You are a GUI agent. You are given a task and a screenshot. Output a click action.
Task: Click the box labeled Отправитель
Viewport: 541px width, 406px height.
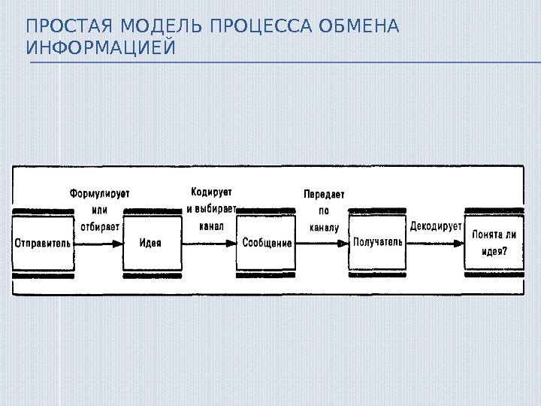pyautogui.click(x=43, y=243)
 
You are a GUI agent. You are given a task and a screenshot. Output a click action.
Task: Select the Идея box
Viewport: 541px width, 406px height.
pyautogui.click(x=152, y=243)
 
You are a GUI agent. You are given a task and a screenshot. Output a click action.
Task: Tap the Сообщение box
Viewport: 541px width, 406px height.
pyautogui.click(x=266, y=243)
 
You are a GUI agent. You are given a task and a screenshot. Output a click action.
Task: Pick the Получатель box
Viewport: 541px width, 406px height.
pyautogui.click(x=378, y=242)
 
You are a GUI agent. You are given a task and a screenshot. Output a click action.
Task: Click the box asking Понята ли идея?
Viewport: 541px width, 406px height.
pyautogui.click(x=494, y=242)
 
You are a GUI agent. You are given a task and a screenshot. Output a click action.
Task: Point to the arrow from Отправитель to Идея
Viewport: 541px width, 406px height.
pyautogui.click(x=98, y=244)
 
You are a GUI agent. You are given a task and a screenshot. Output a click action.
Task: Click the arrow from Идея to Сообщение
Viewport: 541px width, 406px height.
pyautogui.click(x=210, y=244)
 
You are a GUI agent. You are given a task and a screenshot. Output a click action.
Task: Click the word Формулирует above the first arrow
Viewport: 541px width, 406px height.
pyautogui.click(x=99, y=193)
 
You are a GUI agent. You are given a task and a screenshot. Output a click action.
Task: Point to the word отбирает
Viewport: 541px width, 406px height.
pyautogui.click(x=99, y=226)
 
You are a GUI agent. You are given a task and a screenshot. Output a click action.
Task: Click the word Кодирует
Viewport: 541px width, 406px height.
pyautogui.click(x=211, y=192)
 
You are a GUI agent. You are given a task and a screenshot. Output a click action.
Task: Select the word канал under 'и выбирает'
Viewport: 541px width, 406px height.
pyautogui.click(x=211, y=225)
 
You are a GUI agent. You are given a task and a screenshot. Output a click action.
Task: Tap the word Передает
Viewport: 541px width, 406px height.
pyautogui.click(x=324, y=193)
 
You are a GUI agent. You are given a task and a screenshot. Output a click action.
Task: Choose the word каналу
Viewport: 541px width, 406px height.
pyautogui.click(x=324, y=226)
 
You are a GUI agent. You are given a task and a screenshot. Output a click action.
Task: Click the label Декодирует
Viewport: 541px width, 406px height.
pyautogui.click(x=436, y=225)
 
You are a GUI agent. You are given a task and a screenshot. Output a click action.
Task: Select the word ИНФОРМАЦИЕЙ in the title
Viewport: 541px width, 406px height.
pyautogui.click(x=100, y=49)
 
